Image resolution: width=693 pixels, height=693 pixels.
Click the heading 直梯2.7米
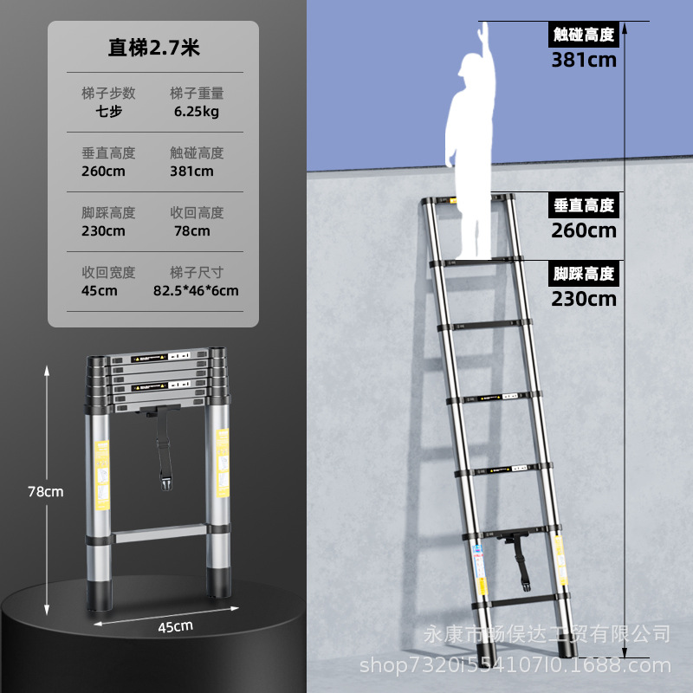coord(153,48)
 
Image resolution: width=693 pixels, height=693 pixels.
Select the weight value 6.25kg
coord(196,112)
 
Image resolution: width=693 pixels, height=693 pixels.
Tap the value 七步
coord(108,112)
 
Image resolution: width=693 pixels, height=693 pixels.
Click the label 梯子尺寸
coord(197,272)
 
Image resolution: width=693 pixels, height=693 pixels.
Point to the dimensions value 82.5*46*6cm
coord(196,290)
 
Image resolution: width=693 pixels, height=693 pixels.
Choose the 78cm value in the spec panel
coord(191,230)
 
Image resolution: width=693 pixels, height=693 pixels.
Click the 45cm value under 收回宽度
coord(100,290)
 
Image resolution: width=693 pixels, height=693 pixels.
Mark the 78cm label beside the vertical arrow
coord(46,491)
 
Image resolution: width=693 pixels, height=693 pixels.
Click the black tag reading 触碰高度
coord(584,35)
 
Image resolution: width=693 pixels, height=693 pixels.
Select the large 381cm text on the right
coord(584,60)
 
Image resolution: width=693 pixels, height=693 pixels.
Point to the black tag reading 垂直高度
coord(584,205)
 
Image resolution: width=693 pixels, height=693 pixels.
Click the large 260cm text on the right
coord(584,230)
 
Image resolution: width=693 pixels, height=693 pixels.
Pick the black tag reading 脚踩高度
coord(584,274)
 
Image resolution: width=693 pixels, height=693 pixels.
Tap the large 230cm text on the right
coord(584,299)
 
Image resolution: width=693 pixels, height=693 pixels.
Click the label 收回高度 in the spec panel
coord(197,212)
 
